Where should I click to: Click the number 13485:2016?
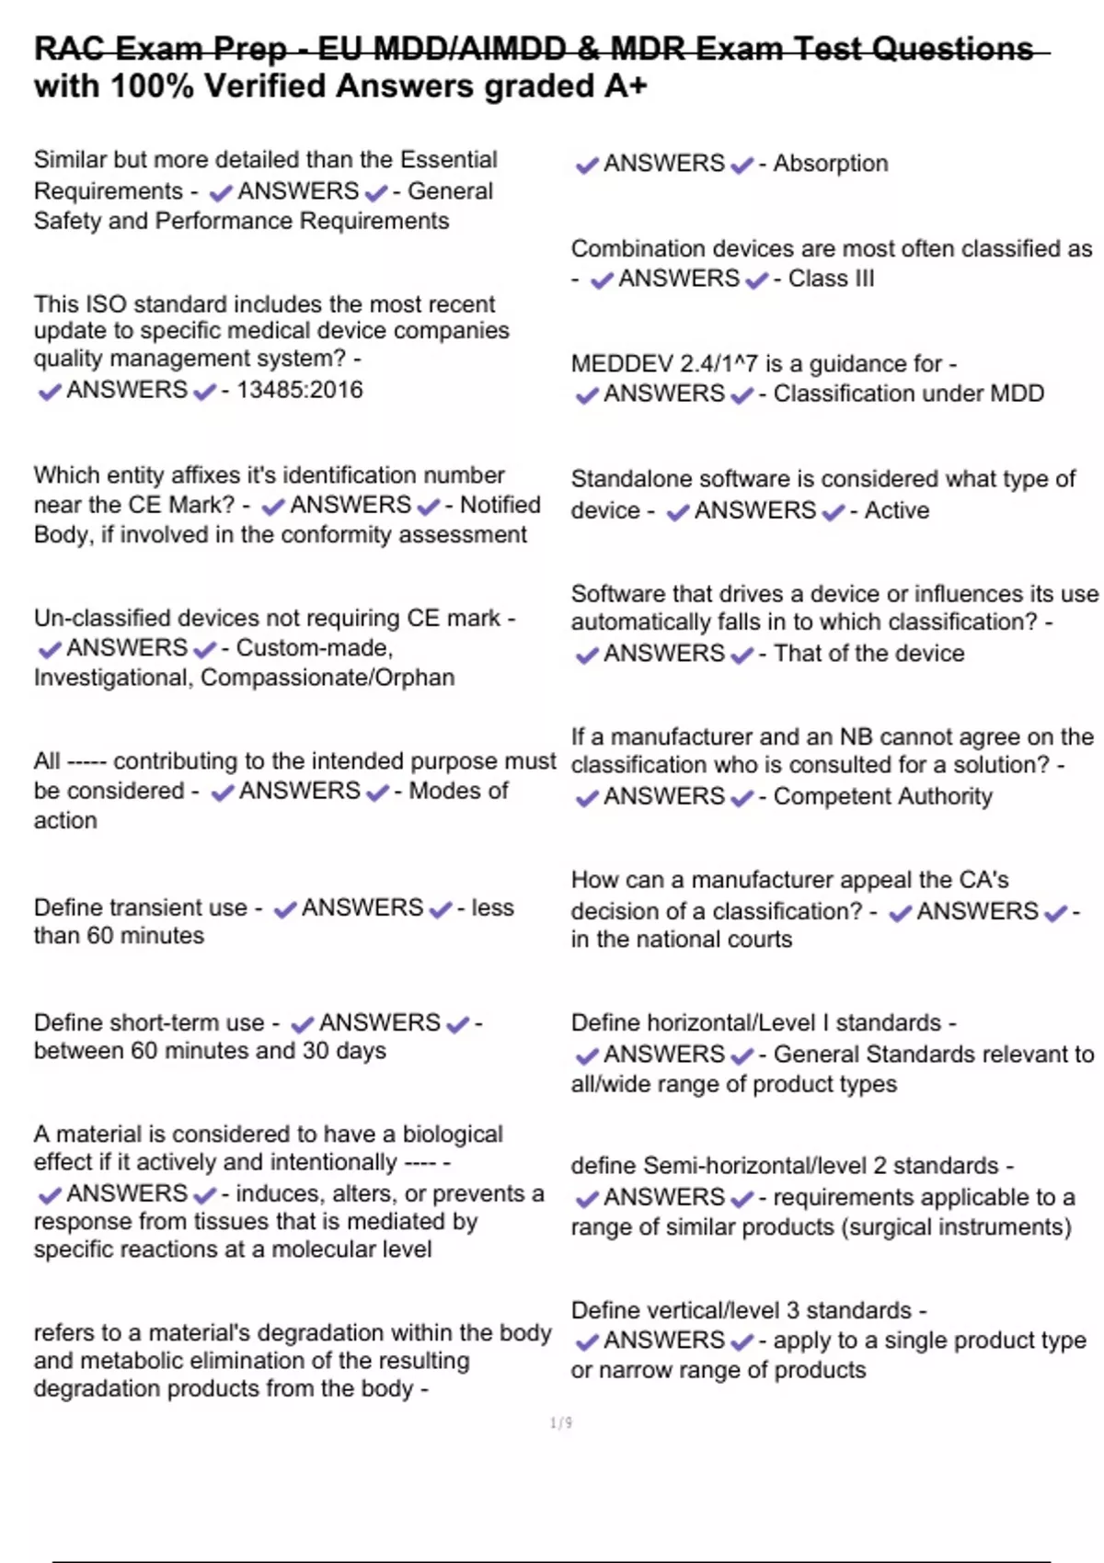pyautogui.click(x=300, y=390)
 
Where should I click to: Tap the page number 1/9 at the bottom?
pyautogui.click(x=561, y=1423)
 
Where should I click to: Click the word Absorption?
pyautogui.click(x=831, y=164)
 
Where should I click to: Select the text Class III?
pyautogui.click(x=831, y=279)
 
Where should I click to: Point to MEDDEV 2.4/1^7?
pyautogui.click(x=669, y=364)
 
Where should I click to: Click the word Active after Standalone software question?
pyautogui.click(x=896, y=510)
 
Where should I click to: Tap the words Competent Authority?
pyautogui.click(x=882, y=796)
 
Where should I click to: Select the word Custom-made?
pyautogui.click(x=315, y=648)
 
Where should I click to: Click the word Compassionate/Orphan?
pyautogui.click(x=328, y=678)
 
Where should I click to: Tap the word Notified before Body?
pyautogui.click(x=500, y=505)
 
